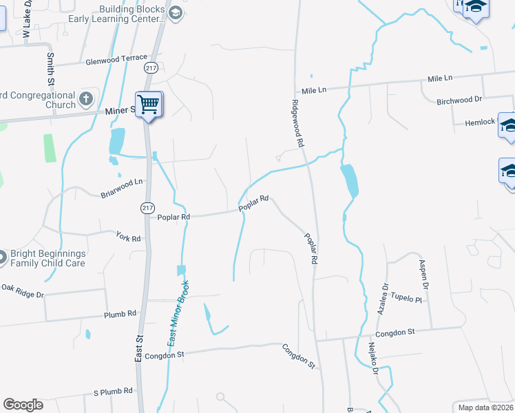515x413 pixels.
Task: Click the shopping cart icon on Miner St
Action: click(x=148, y=105)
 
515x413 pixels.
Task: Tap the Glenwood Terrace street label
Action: click(x=116, y=61)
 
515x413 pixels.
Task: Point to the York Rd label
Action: click(x=128, y=238)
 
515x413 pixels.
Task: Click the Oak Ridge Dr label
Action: click(x=22, y=290)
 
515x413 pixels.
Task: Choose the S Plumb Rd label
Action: click(x=113, y=391)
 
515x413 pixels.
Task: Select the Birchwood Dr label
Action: click(x=459, y=100)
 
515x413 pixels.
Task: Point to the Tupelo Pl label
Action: click(x=406, y=299)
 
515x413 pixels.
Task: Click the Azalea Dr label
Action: click(x=382, y=299)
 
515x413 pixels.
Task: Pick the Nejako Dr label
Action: click(x=372, y=358)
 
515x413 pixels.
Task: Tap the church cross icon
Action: click(x=85, y=99)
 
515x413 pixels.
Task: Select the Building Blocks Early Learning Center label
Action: click(x=132, y=14)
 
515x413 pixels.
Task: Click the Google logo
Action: click(x=23, y=405)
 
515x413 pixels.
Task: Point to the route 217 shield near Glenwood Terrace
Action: click(x=151, y=67)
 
